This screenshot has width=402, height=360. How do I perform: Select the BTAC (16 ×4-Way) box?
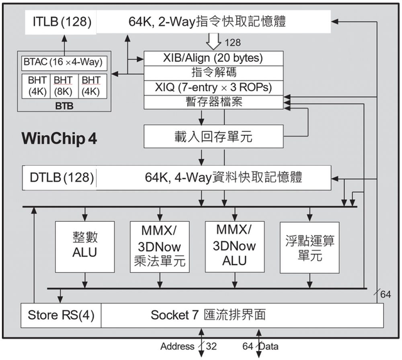63,63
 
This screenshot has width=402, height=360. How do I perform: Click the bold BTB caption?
64,106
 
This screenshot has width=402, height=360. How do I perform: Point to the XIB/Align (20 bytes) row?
213,58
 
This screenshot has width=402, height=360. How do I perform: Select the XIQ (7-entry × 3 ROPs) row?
213,88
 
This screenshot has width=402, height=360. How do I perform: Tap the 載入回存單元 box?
213,136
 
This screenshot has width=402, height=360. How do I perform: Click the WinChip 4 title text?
59,138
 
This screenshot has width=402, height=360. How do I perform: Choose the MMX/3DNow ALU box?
233,246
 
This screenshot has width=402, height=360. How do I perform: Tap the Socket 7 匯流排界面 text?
207,315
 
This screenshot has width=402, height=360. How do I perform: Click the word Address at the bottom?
178,347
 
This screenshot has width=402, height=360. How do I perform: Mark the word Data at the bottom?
268,347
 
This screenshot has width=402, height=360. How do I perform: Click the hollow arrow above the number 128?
214,40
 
